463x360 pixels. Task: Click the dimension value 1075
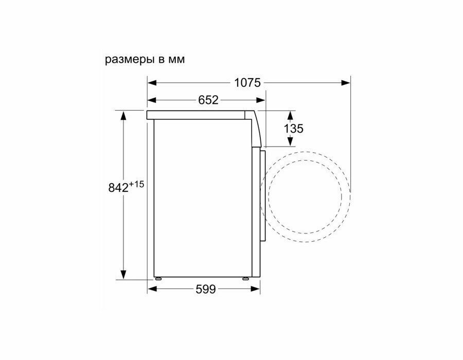point(247,83)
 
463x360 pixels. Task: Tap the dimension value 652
point(208,100)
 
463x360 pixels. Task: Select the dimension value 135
point(294,129)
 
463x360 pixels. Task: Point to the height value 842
point(118,188)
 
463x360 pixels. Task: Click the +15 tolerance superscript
point(136,185)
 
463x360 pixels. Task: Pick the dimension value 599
point(206,289)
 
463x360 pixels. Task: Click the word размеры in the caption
point(130,60)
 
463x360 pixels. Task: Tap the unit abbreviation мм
point(176,60)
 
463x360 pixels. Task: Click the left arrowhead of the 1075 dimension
point(152,83)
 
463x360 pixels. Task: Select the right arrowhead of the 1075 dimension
point(346,83)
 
